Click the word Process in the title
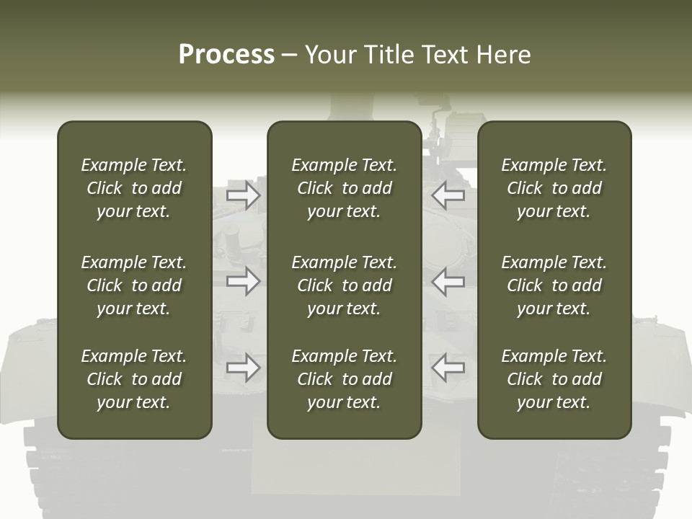pyautogui.click(x=226, y=55)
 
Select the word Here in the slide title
pyautogui.click(x=502, y=55)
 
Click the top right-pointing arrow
pyautogui.click(x=243, y=195)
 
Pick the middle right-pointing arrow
pyautogui.click(x=243, y=281)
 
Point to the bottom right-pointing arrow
pyautogui.click(x=243, y=368)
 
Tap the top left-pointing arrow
pyautogui.click(x=448, y=195)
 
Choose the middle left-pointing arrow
pyautogui.click(x=448, y=281)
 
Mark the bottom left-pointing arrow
pyautogui.click(x=448, y=368)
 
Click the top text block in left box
pyautogui.click(x=134, y=188)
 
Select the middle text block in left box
pyautogui.click(x=134, y=285)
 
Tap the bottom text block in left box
pyautogui.click(x=134, y=379)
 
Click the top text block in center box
pyautogui.click(x=344, y=188)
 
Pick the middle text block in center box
pyautogui.click(x=344, y=285)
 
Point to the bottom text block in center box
pyautogui.click(x=344, y=379)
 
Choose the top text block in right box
pyautogui.click(x=554, y=188)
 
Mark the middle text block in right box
pyautogui.click(x=554, y=285)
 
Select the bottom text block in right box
pyautogui.click(x=554, y=379)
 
